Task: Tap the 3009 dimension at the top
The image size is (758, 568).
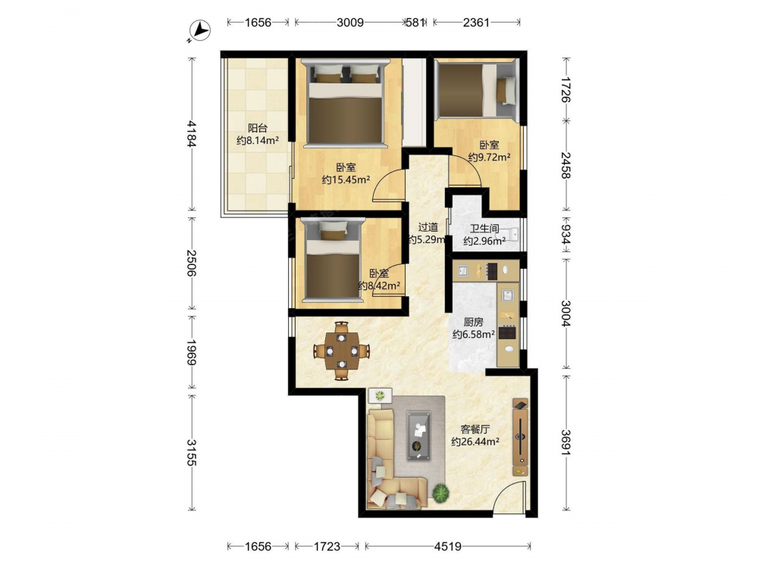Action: [350, 22]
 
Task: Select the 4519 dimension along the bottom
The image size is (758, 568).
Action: [448, 546]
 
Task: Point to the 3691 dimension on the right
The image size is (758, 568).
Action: [565, 442]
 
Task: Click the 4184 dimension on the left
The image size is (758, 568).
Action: [193, 134]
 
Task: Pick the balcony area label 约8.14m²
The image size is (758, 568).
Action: [258, 141]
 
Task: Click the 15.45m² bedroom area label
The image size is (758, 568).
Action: [346, 180]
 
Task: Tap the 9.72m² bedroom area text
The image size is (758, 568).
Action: [489, 158]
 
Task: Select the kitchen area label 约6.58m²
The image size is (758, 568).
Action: [473, 334]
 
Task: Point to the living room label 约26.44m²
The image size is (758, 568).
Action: [475, 442]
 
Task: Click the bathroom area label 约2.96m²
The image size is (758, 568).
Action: [484, 241]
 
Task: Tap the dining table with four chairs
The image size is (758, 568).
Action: [342, 351]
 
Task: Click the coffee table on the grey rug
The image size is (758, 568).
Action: [418, 435]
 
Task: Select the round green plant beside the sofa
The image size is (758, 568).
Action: [441, 493]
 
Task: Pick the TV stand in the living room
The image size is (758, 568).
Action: [520, 437]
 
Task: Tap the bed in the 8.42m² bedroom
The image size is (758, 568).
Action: [333, 260]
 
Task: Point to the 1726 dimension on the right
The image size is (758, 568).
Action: [565, 89]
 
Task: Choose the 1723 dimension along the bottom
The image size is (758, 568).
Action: [327, 546]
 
